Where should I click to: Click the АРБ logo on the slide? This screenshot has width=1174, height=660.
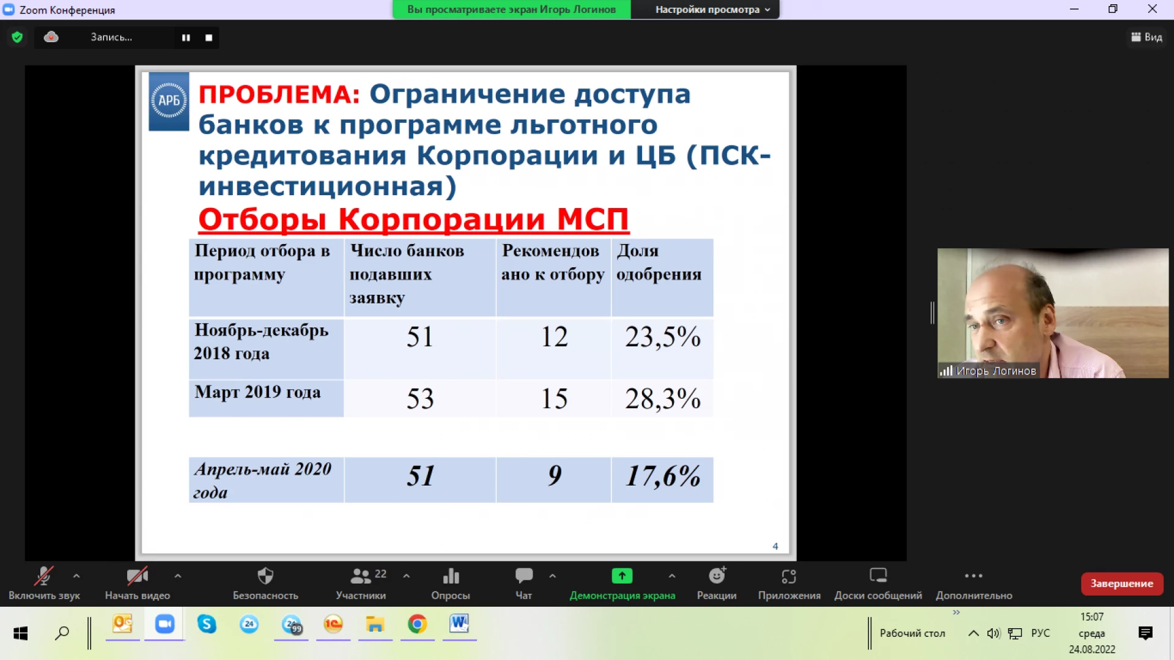pos(169,101)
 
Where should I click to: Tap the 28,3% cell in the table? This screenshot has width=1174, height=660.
pos(662,399)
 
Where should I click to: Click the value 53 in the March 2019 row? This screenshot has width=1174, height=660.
pos(420,399)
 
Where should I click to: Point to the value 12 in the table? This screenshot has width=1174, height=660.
pos(555,337)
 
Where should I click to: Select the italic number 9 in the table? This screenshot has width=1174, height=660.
pos(555,476)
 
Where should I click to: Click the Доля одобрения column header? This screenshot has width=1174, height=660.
pos(659,262)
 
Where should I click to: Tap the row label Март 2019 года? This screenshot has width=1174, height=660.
pos(257,392)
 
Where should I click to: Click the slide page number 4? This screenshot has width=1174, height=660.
pos(775,546)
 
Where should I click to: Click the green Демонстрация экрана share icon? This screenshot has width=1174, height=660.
pos(622,576)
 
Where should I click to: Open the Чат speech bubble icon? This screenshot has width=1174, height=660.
pos(524,576)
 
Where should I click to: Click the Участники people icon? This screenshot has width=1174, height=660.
pos(360,576)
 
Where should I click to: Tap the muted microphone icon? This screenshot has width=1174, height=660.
pos(43,576)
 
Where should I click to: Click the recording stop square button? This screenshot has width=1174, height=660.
pos(209,38)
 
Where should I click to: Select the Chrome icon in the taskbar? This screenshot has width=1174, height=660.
pos(417,624)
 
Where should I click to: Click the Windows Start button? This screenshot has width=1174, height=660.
pos(21,633)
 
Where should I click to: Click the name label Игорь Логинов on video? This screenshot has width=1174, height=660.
pos(996,371)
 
